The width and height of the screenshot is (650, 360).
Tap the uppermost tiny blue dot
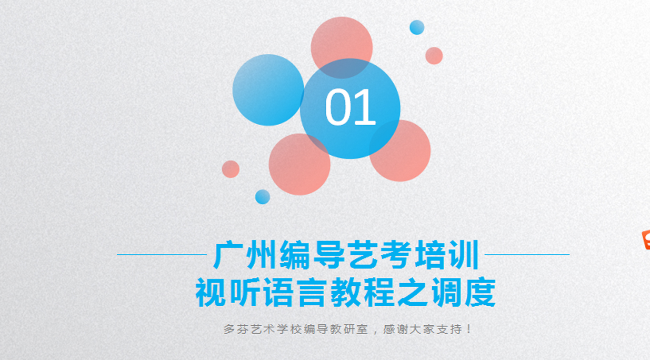pyautogui.click(x=417, y=27)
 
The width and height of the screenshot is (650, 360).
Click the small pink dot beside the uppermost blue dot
pyautogui.click(x=434, y=56)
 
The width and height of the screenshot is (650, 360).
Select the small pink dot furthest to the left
pyautogui.click(x=231, y=169)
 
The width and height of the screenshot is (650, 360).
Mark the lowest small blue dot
pyautogui.click(x=262, y=197)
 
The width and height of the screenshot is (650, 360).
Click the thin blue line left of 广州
pyautogui.click(x=161, y=255)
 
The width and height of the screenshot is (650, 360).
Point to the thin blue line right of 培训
pyautogui.click(x=527, y=255)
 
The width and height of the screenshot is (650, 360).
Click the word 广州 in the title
pyautogui.click(x=244, y=255)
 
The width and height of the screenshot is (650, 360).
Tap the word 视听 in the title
pyautogui.click(x=228, y=293)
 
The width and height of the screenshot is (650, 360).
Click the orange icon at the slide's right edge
pyautogui.click(x=646, y=239)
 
